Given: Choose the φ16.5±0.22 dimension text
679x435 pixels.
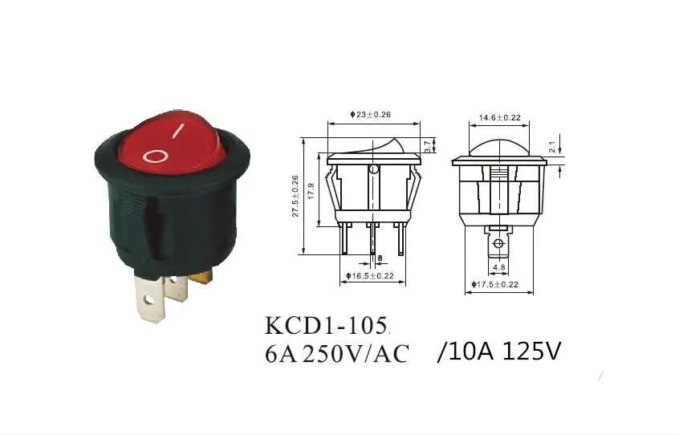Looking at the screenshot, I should [369, 275].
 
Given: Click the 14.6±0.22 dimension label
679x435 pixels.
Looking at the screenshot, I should [499, 118].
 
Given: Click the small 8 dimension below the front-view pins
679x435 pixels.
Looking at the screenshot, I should [380, 258].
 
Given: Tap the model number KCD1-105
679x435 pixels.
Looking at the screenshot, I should [327, 327].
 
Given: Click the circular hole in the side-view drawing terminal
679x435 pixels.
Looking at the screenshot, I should [498, 243].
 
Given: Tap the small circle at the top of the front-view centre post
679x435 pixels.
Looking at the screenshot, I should [373, 170].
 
